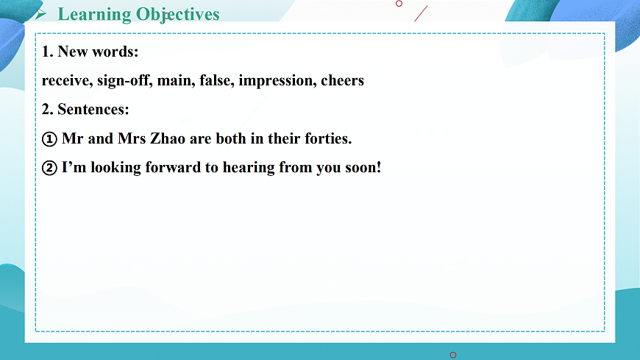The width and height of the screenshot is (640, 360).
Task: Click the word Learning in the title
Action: point(94,14)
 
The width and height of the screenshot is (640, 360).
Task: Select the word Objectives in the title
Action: point(177,14)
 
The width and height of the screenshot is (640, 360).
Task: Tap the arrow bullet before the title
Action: point(42,14)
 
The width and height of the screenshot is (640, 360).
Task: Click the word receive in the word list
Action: point(67,80)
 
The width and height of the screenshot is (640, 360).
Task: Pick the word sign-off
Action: point(124,80)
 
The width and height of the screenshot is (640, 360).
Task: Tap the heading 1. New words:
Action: point(90,52)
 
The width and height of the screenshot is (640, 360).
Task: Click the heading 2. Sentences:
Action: point(85,109)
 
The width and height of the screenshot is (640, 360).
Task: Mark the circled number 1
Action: point(49,138)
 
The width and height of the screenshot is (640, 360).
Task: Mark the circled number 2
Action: point(49,168)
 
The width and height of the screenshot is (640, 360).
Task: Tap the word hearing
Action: point(248,168)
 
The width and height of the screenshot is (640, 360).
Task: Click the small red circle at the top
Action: point(399,3)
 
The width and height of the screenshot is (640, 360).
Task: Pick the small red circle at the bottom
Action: point(452,355)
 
